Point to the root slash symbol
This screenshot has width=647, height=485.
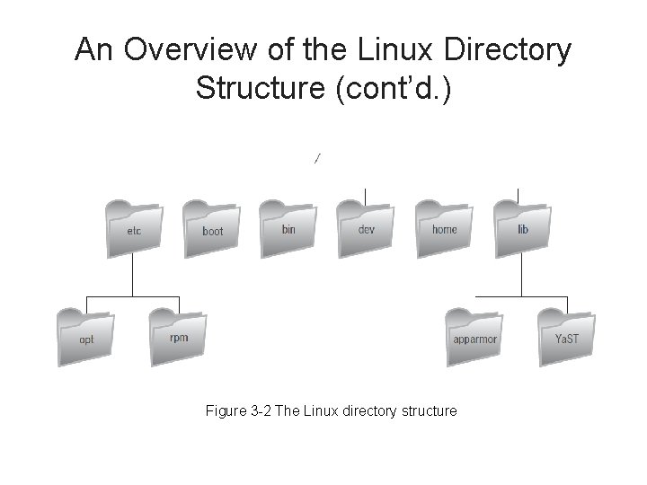(316, 159)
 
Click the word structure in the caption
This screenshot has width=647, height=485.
(427, 410)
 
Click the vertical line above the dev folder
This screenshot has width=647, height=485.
(366, 195)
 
